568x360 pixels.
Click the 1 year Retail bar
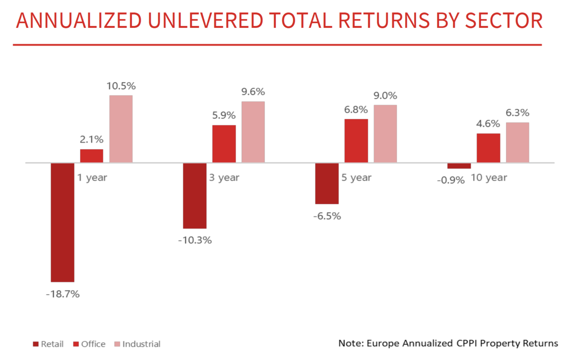(x=62, y=222)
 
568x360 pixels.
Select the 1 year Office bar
(x=92, y=156)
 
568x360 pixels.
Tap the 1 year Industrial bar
(x=121, y=129)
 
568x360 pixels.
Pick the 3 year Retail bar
(x=195, y=196)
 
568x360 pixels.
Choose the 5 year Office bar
(x=356, y=141)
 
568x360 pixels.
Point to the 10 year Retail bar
(x=459, y=166)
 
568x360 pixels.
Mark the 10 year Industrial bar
(x=517, y=143)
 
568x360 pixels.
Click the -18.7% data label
(x=62, y=294)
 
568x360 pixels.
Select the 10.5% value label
(x=121, y=86)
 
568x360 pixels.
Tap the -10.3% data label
(x=195, y=240)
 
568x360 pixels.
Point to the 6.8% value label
(x=356, y=109)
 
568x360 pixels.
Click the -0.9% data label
(x=451, y=180)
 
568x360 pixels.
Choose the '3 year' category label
(x=224, y=178)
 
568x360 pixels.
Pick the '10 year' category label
(x=489, y=178)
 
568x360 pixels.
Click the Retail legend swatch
(x=36, y=344)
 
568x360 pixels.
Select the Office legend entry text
(x=93, y=344)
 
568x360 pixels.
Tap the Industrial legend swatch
(x=117, y=344)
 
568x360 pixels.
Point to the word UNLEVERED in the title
(x=205, y=20)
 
